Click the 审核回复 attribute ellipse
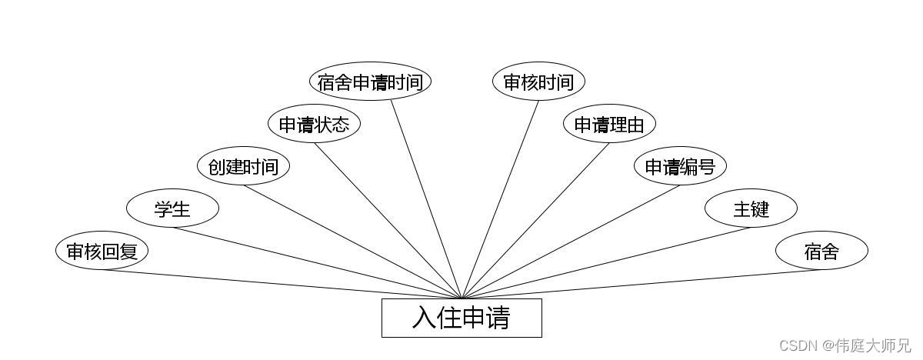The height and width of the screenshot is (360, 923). click(102, 251)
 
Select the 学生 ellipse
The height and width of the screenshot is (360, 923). click(172, 208)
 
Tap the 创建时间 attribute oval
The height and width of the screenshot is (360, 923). click(243, 166)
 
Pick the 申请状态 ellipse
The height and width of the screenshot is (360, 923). click(314, 124)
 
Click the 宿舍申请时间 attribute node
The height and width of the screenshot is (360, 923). click(370, 82)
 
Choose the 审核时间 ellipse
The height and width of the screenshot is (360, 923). click(538, 82)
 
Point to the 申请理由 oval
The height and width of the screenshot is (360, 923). click(609, 124)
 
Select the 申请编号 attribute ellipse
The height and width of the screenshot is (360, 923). click(680, 166)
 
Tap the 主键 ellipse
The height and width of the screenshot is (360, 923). click(751, 208)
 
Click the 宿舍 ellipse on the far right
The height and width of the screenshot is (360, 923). click(821, 251)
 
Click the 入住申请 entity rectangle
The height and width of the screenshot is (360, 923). click(461, 318)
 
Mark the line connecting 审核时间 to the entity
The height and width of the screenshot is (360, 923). click(500, 199)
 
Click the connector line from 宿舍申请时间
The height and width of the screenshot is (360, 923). click(426, 199)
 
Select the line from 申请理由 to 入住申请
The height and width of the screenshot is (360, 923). click(535, 221)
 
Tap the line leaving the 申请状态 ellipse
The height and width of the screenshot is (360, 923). click(388, 221)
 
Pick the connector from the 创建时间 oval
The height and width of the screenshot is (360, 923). click(352, 242)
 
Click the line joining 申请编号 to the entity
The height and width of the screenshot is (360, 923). click(571, 242)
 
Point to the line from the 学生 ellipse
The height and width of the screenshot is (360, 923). click(317, 263)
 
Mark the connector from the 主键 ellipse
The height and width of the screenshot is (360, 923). click(606, 263)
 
